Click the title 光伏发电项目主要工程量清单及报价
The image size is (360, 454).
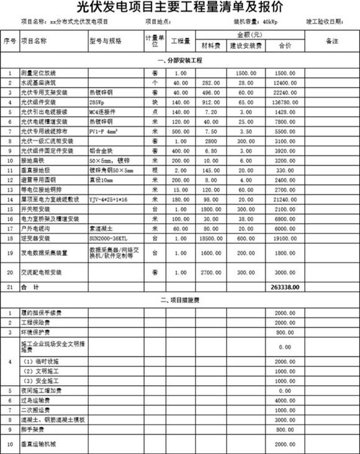pos(179,7)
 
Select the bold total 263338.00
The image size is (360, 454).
pos(284,288)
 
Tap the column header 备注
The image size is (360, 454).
pos(330,41)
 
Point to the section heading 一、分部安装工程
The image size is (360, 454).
pos(180,61)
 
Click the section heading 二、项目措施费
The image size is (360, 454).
pos(180,301)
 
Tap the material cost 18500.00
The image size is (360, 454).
pos(207,238)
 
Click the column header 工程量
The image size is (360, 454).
pos(180,42)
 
